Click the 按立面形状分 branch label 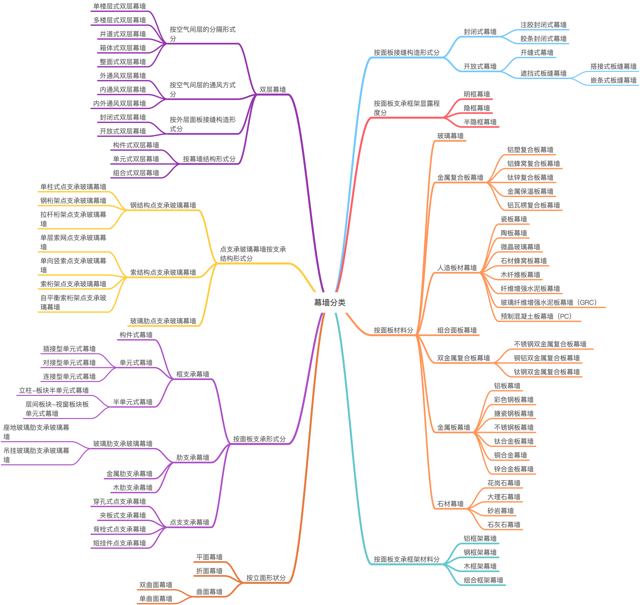266,578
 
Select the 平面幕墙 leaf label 209,557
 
